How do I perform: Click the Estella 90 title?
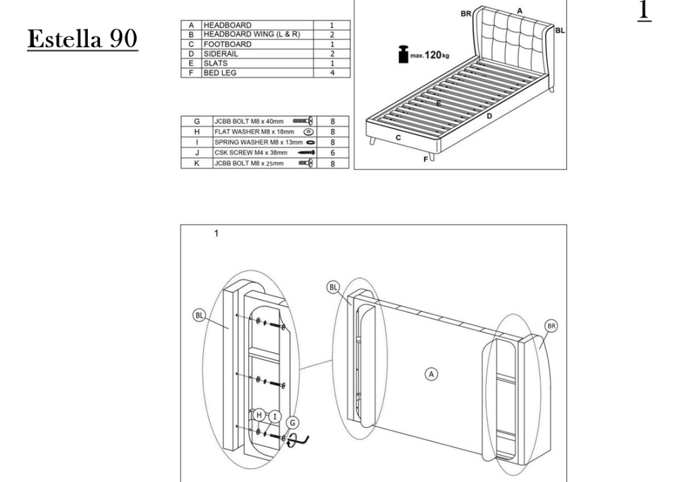coord(82,39)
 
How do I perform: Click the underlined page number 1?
coord(643,11)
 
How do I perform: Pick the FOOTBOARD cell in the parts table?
coord(229,44)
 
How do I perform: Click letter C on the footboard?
coord(398,137)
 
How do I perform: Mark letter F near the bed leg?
coord(425,159)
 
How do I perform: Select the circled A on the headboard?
coord(431,373)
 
